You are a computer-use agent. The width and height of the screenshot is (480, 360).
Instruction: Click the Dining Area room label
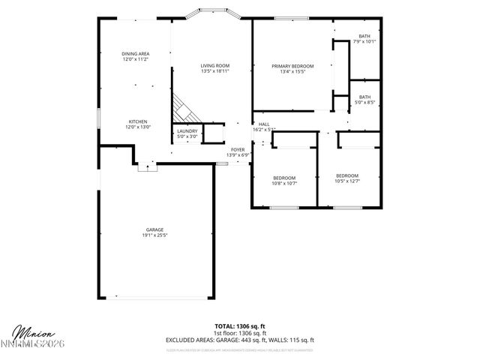click(136, 54)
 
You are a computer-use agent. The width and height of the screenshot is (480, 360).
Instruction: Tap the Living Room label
click(214, 66)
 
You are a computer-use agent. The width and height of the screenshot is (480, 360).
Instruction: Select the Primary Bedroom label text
click(292, 66)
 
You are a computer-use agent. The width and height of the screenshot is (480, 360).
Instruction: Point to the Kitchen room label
click(137, 121)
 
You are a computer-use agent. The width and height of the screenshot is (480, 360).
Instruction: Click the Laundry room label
click(187, 131)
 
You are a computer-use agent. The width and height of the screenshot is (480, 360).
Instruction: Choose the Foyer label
click(238, 150)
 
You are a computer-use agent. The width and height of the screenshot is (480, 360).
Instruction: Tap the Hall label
click(264, 124)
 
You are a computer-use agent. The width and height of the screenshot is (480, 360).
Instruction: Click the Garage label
click(154, 229)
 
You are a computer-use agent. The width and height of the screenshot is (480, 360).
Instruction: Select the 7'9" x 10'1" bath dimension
click(364, 41)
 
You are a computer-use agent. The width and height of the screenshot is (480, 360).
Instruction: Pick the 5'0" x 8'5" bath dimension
click(364, 102)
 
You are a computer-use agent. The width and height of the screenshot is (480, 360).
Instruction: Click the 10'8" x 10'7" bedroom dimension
click(284, 182)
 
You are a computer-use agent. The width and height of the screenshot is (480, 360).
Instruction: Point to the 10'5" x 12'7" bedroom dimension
click(347, 181)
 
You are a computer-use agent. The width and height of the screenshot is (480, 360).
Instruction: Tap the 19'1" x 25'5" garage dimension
click(154, 235)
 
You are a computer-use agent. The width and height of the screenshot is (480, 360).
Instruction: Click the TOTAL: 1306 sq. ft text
click(239, 326)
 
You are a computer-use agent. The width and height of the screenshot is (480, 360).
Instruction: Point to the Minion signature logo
click(29, 331)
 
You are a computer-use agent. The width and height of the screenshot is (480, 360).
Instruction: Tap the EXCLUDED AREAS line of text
click(239, 340)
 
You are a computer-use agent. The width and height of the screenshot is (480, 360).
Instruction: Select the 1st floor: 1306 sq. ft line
click(239, 333)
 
